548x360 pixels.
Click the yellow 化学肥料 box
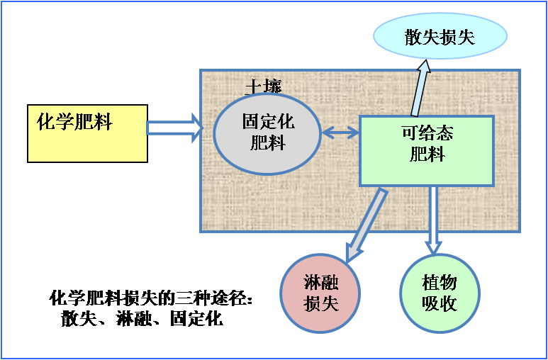(87, 133)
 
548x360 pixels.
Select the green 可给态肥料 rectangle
(426, 151)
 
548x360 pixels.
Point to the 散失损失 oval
(440, 36)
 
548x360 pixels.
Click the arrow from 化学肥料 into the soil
(174, 128)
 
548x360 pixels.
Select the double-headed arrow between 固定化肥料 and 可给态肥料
(341, 132)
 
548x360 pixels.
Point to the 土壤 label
(263, 86)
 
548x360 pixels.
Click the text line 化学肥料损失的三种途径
(152, 298)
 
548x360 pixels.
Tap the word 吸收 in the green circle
(440, 304)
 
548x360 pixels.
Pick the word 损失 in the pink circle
(321, 304)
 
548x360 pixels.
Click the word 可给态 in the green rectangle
(427, 133)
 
